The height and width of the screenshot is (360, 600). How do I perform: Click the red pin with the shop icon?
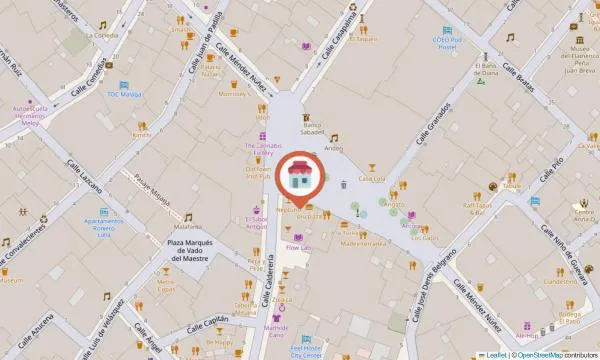pos(300,178)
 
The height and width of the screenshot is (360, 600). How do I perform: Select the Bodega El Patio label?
pos(570,318)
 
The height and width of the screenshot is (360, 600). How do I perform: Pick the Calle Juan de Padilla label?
pos(204,44)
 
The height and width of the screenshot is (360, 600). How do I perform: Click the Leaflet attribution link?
pos(492,354)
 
